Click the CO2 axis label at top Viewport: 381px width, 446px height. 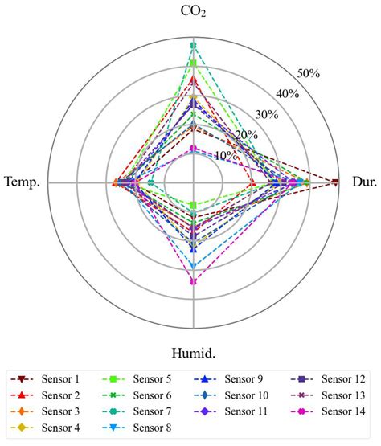192,12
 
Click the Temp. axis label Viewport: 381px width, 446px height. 23,182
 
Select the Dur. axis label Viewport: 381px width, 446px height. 363,182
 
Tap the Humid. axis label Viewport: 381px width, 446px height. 192,353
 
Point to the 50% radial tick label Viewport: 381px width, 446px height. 309,74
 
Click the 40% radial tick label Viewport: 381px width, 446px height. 288,94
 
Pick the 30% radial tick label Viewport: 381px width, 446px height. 268,114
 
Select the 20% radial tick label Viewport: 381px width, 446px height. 248,134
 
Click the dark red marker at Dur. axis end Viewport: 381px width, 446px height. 335,182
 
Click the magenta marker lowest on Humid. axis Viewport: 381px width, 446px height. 193,281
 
